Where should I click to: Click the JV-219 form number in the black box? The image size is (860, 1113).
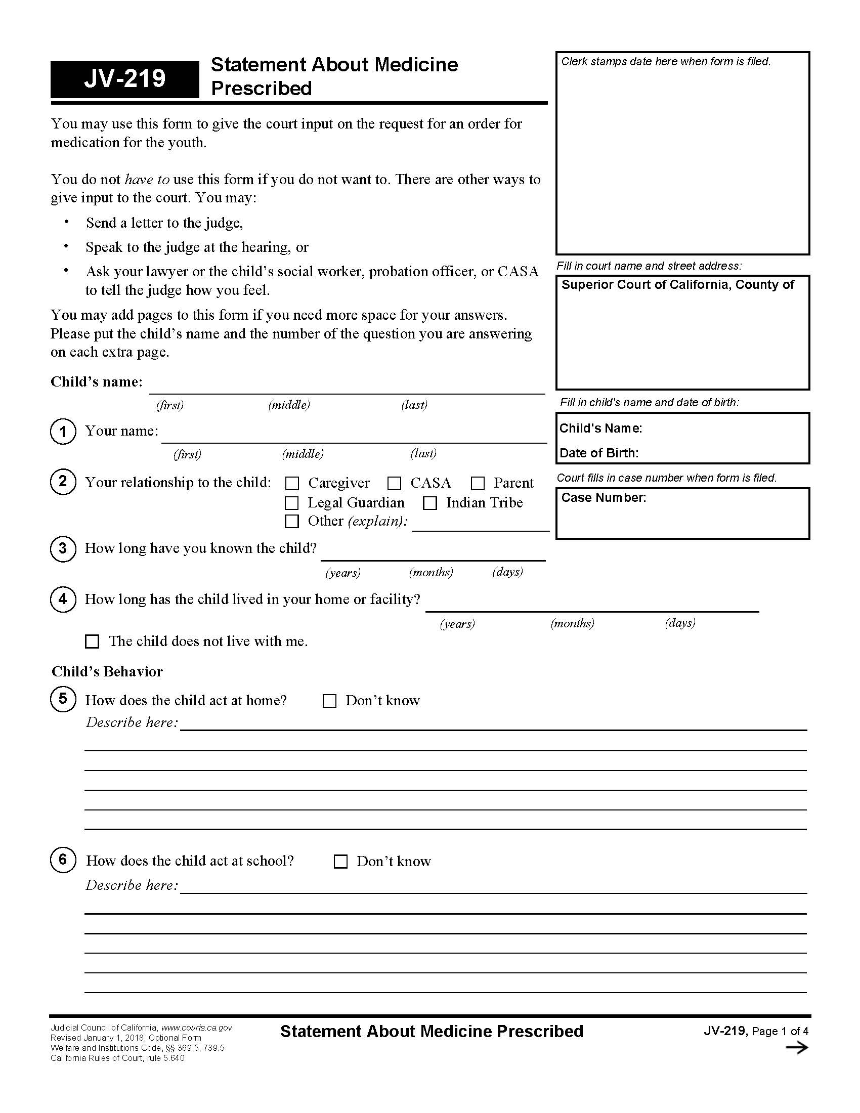coord(125,78)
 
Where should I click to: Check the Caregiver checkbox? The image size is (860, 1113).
coord(292,483)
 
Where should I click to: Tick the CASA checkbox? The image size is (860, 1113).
coord(395,483)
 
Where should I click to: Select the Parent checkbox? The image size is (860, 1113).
coord(478,483)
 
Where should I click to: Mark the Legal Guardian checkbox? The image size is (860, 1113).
coord(291,503)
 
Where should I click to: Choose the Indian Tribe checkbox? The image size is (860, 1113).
coord(430,503)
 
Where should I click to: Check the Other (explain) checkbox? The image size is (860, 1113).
coord(291,521)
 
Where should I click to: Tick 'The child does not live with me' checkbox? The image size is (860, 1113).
coord(92,641)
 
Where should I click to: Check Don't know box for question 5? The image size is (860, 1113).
coord(330,701)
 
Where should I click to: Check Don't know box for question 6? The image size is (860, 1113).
coord(340,862)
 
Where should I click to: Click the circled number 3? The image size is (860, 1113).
coord(63,549)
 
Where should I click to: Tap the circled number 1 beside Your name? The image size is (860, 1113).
coord(63,432)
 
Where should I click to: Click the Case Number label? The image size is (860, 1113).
coord(603,498)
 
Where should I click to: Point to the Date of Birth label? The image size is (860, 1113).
coord(598,453)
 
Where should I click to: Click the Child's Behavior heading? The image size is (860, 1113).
coord(107,672)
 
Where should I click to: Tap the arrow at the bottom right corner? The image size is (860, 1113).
coord(797,1048)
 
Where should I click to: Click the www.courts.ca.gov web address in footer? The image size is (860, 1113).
coord(197,1028)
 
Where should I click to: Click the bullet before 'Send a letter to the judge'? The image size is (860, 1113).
coord(66,221)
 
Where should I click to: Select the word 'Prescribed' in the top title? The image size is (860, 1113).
coord(262,89)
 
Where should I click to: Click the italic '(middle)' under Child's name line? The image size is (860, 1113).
coord(289,405)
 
